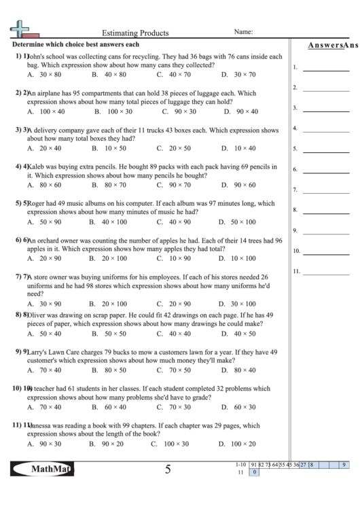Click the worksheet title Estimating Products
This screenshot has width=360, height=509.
[x=135, y=32]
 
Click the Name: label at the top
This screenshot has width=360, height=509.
[x=243, y=31]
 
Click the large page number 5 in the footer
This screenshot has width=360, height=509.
[x=167, y=469]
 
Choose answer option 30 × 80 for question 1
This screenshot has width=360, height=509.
[x=50, y=74]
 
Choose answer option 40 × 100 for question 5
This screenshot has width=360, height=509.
[x=114, y=222]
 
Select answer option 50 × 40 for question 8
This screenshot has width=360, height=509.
[x=50, y=334]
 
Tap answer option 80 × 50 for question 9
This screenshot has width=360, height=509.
[x=115, y=370]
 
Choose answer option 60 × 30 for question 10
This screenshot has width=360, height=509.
[x=244, y=407]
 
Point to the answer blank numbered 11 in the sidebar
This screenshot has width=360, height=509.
[x=325, y=272]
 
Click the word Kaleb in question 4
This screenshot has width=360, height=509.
[x=37, y=166]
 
